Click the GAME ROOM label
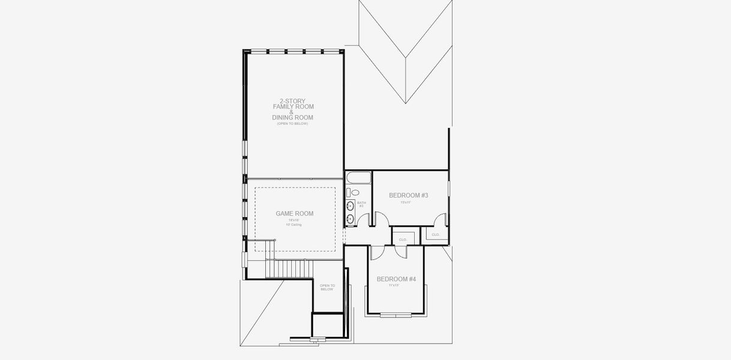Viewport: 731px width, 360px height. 294,214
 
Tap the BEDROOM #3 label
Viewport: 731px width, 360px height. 408,196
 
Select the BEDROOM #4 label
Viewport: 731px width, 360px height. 396,280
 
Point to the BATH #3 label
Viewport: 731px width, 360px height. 361,205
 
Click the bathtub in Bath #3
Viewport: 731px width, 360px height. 358,178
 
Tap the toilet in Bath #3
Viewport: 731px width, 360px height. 353,193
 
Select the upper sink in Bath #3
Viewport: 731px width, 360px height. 350,206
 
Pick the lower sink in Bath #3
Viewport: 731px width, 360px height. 350,218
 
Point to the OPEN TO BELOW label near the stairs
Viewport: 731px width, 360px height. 326,287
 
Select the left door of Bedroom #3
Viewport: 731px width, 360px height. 381,219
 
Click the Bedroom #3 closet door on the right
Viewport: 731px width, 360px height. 441,220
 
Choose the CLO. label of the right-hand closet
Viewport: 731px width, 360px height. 435,235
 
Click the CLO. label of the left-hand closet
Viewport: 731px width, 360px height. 403,239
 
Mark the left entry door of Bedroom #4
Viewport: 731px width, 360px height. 377,253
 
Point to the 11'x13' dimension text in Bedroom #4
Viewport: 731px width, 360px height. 394,286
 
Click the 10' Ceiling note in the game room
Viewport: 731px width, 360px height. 294,225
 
